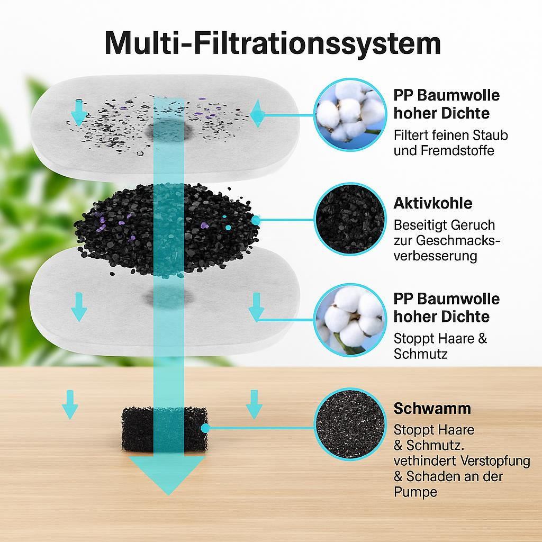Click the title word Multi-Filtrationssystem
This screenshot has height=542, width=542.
tap(273, 44)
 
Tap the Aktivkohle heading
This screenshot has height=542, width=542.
tap(433, 203)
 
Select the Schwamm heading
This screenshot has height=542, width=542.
tap(432, 409)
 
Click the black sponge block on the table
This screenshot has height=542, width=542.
tap(165, 429)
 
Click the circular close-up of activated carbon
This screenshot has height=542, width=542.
tap(350, 219)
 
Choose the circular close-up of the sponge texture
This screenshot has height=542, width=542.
tap(350, 424)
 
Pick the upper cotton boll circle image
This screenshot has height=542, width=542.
tap(350, 115)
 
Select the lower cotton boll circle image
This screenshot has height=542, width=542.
tap(350, 320)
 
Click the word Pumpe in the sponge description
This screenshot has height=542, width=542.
tap(415, 492)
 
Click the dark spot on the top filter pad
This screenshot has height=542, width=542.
tap(168, 130)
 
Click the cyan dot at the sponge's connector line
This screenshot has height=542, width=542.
tap(205, 428)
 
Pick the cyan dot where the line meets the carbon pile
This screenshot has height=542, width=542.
tap(256, 220)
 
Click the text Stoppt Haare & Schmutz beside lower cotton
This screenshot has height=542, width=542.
tap(440, 346)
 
